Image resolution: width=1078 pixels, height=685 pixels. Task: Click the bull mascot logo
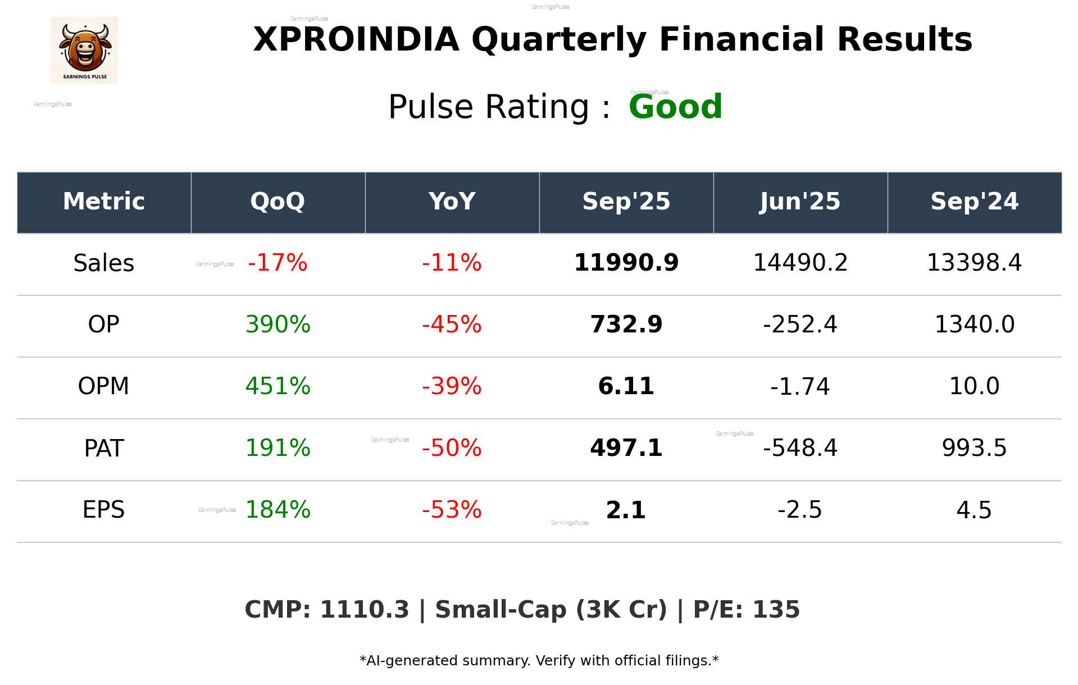coord(84,50)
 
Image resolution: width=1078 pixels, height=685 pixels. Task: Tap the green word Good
coord(675,107)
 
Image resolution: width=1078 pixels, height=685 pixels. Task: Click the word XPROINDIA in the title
coord(356,40)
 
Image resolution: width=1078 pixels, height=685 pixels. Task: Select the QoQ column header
coord(278,202)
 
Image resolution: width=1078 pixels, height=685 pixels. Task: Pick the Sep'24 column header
coord(974,202)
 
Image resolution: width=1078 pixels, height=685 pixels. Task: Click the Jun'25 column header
coord(800,202)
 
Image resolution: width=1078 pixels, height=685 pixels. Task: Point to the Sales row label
coord(104,263)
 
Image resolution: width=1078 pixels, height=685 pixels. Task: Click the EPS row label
coord(104,510)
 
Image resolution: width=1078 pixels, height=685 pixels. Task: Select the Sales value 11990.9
coord(626,263)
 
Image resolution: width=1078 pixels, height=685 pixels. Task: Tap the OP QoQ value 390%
coord(278,325)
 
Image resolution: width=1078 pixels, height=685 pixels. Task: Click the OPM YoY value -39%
coord(452,386)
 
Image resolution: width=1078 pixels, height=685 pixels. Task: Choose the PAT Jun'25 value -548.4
coord(800,448)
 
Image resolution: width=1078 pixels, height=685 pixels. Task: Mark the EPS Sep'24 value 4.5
coord(974,510)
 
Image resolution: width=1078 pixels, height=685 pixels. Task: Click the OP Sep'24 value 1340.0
coord(974,325)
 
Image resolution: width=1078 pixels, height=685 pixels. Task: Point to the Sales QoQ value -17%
coord(278,263)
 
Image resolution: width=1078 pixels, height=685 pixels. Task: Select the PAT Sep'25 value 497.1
coord(626,448)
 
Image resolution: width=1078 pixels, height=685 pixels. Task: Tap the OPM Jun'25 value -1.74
coord(800,386)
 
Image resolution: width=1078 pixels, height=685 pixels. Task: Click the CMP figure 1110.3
coord(365,610)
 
